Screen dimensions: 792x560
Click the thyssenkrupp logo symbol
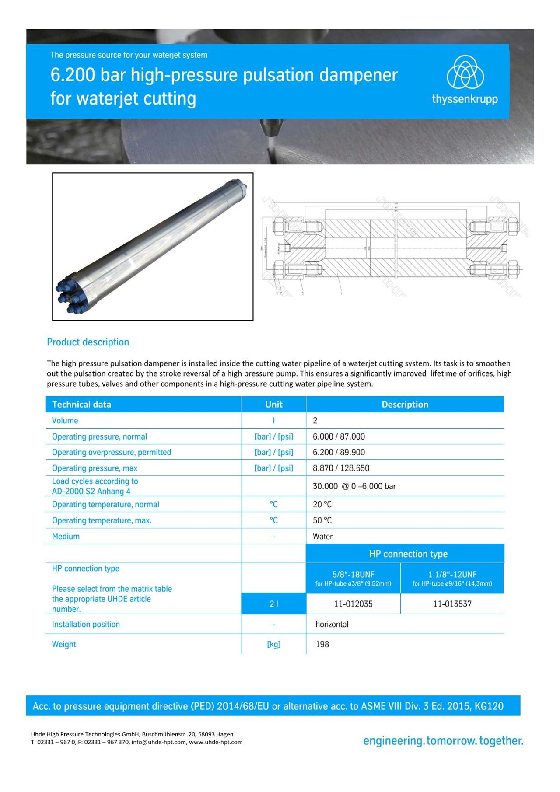pos(465,73)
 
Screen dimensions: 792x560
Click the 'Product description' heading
pos(88,342)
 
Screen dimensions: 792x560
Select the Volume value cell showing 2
pos(315,421)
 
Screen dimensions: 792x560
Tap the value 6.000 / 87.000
pos(339,436)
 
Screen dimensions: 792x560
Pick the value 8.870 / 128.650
pos(341,468)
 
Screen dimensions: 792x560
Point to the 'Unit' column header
pos(273,405)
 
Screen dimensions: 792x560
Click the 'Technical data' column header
pos(81,405)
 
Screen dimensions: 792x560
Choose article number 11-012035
pos(353,604)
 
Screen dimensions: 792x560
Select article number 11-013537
pos(452,604)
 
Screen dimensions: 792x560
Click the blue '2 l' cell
pos(273,604)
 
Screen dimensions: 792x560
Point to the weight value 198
pos(322,644)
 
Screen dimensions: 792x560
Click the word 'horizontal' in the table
pos(332,624)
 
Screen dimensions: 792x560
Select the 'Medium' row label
pos(66,536)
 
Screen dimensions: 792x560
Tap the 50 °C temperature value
pos(322,520)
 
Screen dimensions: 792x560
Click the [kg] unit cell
pos(273,644)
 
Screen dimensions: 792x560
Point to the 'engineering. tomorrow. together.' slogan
pos(443,741)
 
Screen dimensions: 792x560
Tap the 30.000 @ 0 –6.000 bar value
pos(354,486)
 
